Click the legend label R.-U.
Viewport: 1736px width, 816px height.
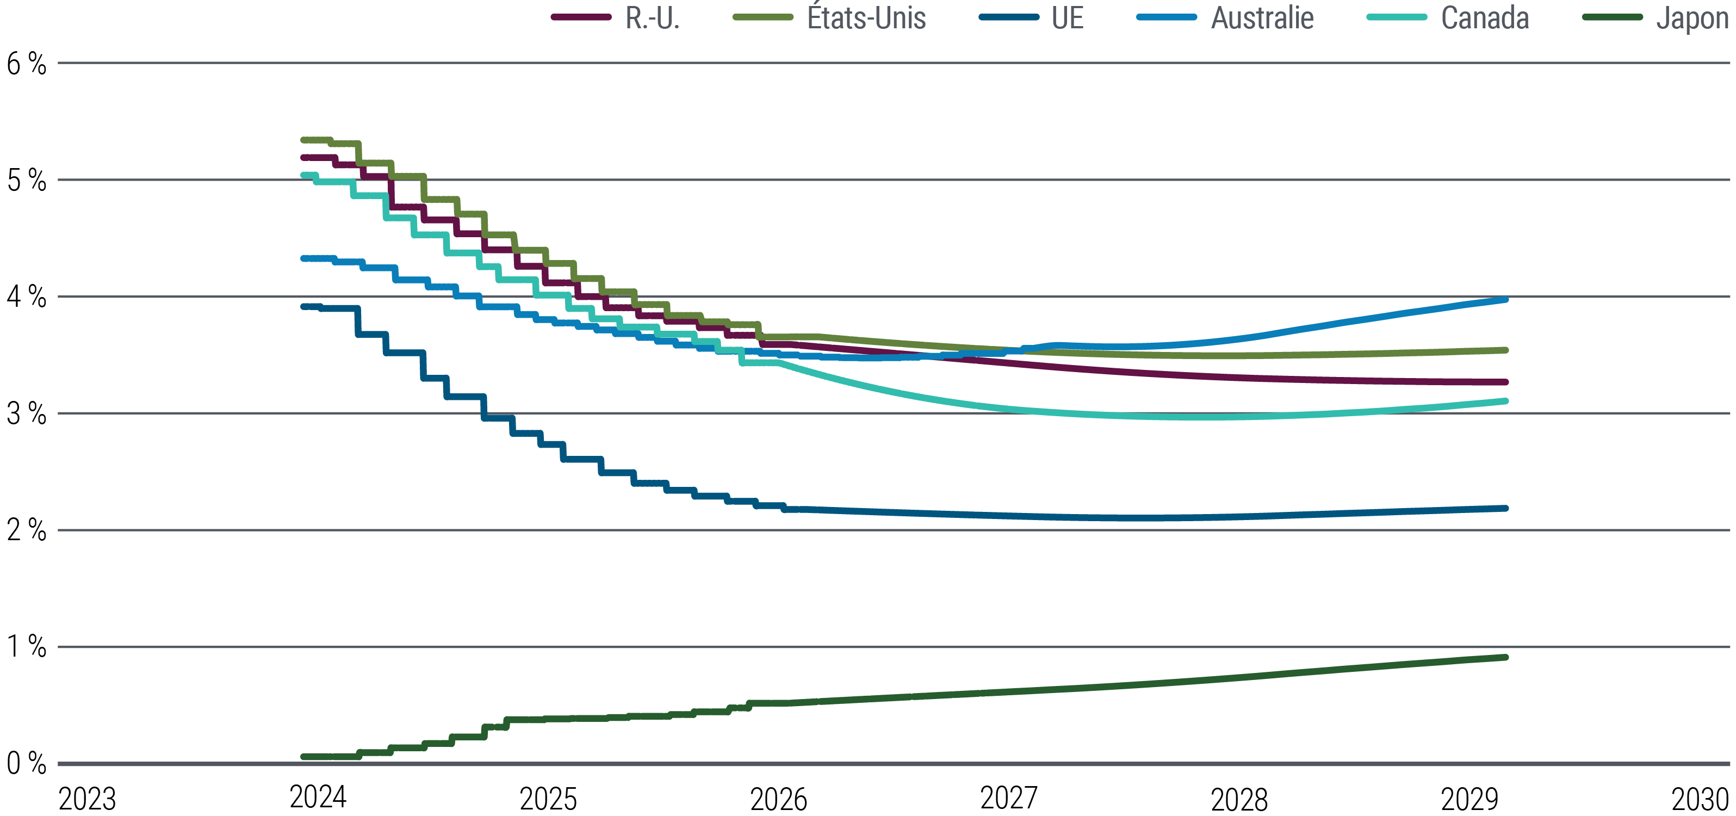pyautogui.click(x=652, y=18)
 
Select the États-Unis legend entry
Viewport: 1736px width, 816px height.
pyautogui.click(x=866, y=18)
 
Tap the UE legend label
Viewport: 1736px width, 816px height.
pyautogui.click(x=1067, y=18)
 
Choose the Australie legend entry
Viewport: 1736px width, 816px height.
pyautogui.click(x=1262, y=18)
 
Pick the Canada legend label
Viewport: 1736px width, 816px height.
pyautogui.click(x=1484, y=18)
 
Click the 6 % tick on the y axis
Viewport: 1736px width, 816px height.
pyautogui.click(x=26, y=64)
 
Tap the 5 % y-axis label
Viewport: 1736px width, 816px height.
pyautogui.click(x=26, y=181)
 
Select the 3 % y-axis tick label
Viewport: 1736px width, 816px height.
pyautogui.click(x=26, y=414)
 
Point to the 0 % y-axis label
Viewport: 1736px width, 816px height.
pyautogui.click(x=26, y=763)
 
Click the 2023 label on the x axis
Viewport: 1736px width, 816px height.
pyautogui.click(x=87, y=799)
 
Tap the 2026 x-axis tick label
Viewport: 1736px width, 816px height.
pyautogui.click(x=778, y=799)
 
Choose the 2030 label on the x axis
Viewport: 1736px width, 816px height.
pyautogui.click(x=1700, y=799)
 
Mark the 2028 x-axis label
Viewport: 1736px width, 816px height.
pyautogui.click(x=1239, y=799)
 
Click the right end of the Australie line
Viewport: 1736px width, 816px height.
pyautogui.click(x=1505, y=299)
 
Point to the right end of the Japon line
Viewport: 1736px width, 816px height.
pyautogui.click(x=1505, y=657)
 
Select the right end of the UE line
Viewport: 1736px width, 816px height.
pyautogui.click(x=1505, y=508)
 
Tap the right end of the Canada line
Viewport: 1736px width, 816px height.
pyautogui.click(x=1505, y=401)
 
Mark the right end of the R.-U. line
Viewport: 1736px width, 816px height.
pyautogui.click(x=1505, y=382)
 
